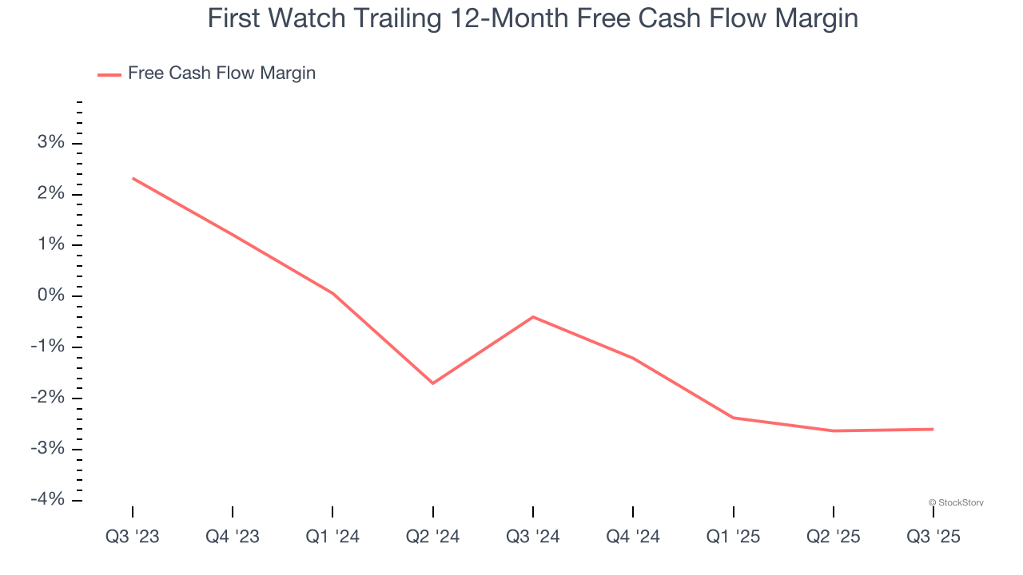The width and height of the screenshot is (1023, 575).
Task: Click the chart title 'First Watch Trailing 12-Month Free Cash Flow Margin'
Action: pyautogui.click(x=532, y=18)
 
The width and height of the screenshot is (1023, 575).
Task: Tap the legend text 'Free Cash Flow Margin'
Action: pyautogui.click(x=221, y=73)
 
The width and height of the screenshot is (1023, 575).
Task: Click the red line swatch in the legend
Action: pyautogui.click(x=109, y=74)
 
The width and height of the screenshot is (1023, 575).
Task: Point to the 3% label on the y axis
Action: pyautogui.click(x=50, y=143)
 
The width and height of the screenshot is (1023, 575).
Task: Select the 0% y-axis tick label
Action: pyautogui.click(x=50, y=296)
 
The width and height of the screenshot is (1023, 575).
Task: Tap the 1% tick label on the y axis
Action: pyautogui.click(x=50, y=245)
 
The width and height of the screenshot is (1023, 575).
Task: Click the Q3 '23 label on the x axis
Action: pyautogui.click(x=133, y=537)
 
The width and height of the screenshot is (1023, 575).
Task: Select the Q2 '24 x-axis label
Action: pyautogui.click(x=432, y=537)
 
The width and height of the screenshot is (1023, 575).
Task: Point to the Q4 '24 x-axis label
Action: pyautogui.click(x=633, y=537)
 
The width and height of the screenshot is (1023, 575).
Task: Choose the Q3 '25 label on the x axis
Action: pyautogui.click(x=933, y=537)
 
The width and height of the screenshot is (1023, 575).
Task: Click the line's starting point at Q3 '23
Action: pyautogui.click(x=133, y=178)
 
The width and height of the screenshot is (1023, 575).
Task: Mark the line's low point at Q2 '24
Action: pyautogui.click(x=432, y=383)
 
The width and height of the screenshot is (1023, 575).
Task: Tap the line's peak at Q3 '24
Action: pyautogui.click(x=533, y=317)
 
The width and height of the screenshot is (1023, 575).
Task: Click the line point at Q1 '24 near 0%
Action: pyautogui.click(x=332, y=293)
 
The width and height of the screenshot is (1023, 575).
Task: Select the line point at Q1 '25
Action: pyautogui.click(x=733, y=418)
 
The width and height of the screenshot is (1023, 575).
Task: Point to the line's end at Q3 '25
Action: pyautogui.click(x=933, y=430)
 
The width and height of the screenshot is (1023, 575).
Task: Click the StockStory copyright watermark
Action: pyautogui.click(x=956, y=502)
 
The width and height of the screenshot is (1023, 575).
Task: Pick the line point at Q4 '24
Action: pyautogui.click(x=633, y=358)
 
